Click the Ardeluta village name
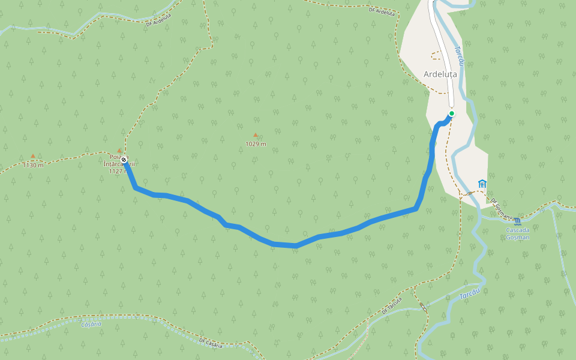[440, 74]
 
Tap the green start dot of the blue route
[451, 113]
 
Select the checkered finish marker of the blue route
[124, 160]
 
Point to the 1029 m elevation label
[256, 144]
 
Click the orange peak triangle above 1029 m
[256, 136]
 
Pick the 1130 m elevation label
[33, 165]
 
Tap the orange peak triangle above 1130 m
[33, 157]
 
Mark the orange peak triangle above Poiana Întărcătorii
[119, 151]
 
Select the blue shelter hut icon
[482, 183]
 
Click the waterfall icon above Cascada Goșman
[517, 220]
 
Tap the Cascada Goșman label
[517, 233]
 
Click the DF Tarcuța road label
[392, 305]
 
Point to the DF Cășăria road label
[211, 343]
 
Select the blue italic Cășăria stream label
[91, 324]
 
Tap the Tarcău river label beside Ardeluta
[460, 57]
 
